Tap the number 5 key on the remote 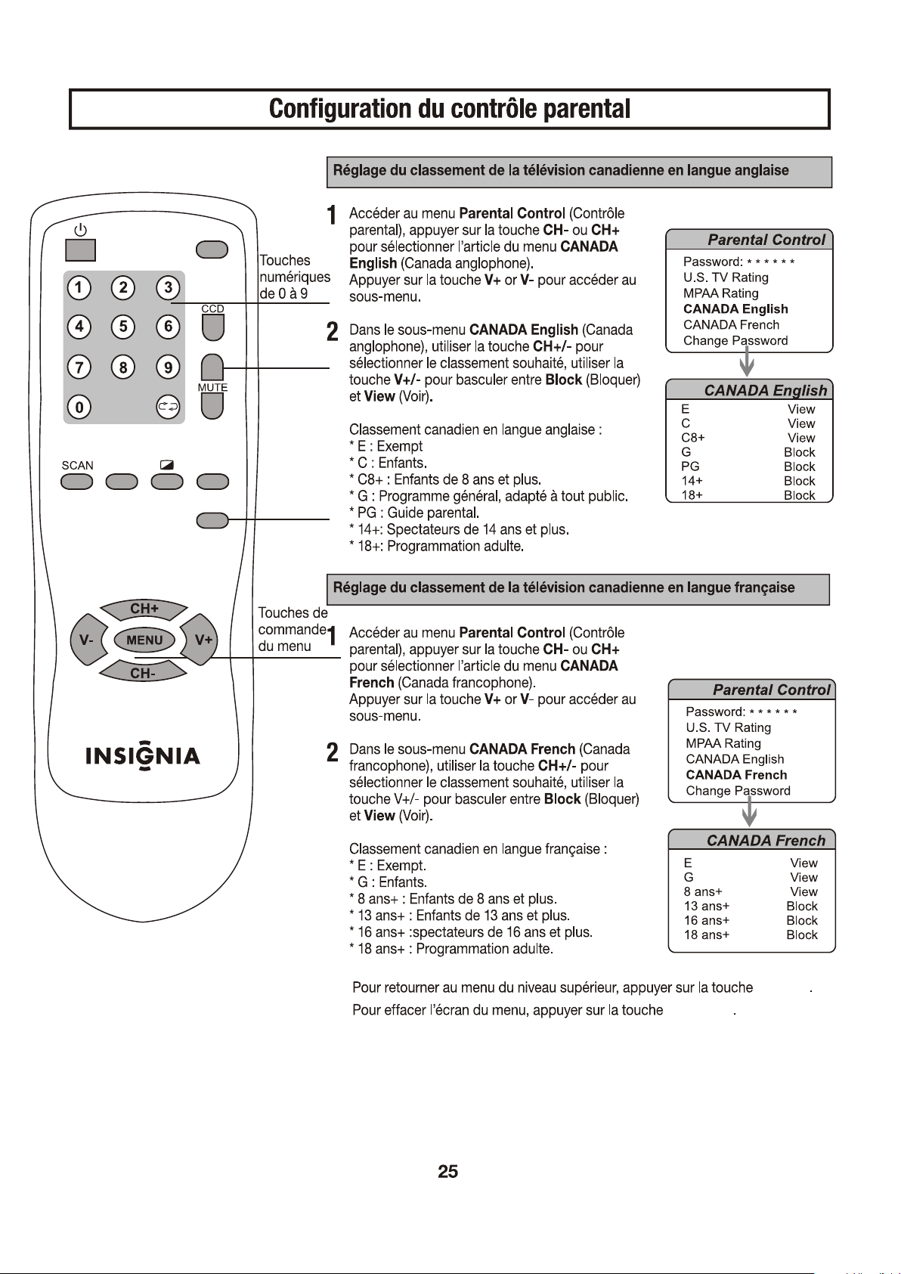point(122,327)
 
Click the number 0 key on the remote point(79,407)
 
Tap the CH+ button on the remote point(144,609)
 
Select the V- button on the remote point(87,640)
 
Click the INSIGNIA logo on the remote point(143,756)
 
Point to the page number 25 point(448,1172)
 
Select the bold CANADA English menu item point(735,308)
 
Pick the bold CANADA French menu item point(736,775)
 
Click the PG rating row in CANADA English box point(748,467)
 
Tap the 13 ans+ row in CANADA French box point(751,906)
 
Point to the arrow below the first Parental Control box point(747,361)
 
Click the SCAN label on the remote point(77,465)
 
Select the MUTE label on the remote point(212,387)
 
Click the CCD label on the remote point(212,308)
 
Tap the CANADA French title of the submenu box point(766,841)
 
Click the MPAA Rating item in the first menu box point(721,293)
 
